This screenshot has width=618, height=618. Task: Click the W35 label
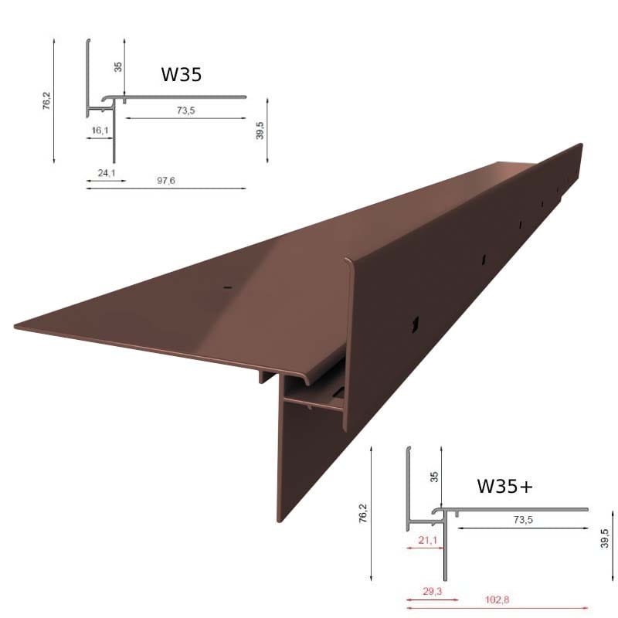click(x=182, y=74)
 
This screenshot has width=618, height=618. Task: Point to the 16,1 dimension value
click(x=100, y=131)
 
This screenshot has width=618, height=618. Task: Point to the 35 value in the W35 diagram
click(x=118, y=66)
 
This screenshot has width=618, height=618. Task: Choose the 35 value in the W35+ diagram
click(x=434, y=477)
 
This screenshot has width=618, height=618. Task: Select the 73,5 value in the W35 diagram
click(x=185, y=111)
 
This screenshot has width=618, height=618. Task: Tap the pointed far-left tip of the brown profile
click(x=17, y=326)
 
